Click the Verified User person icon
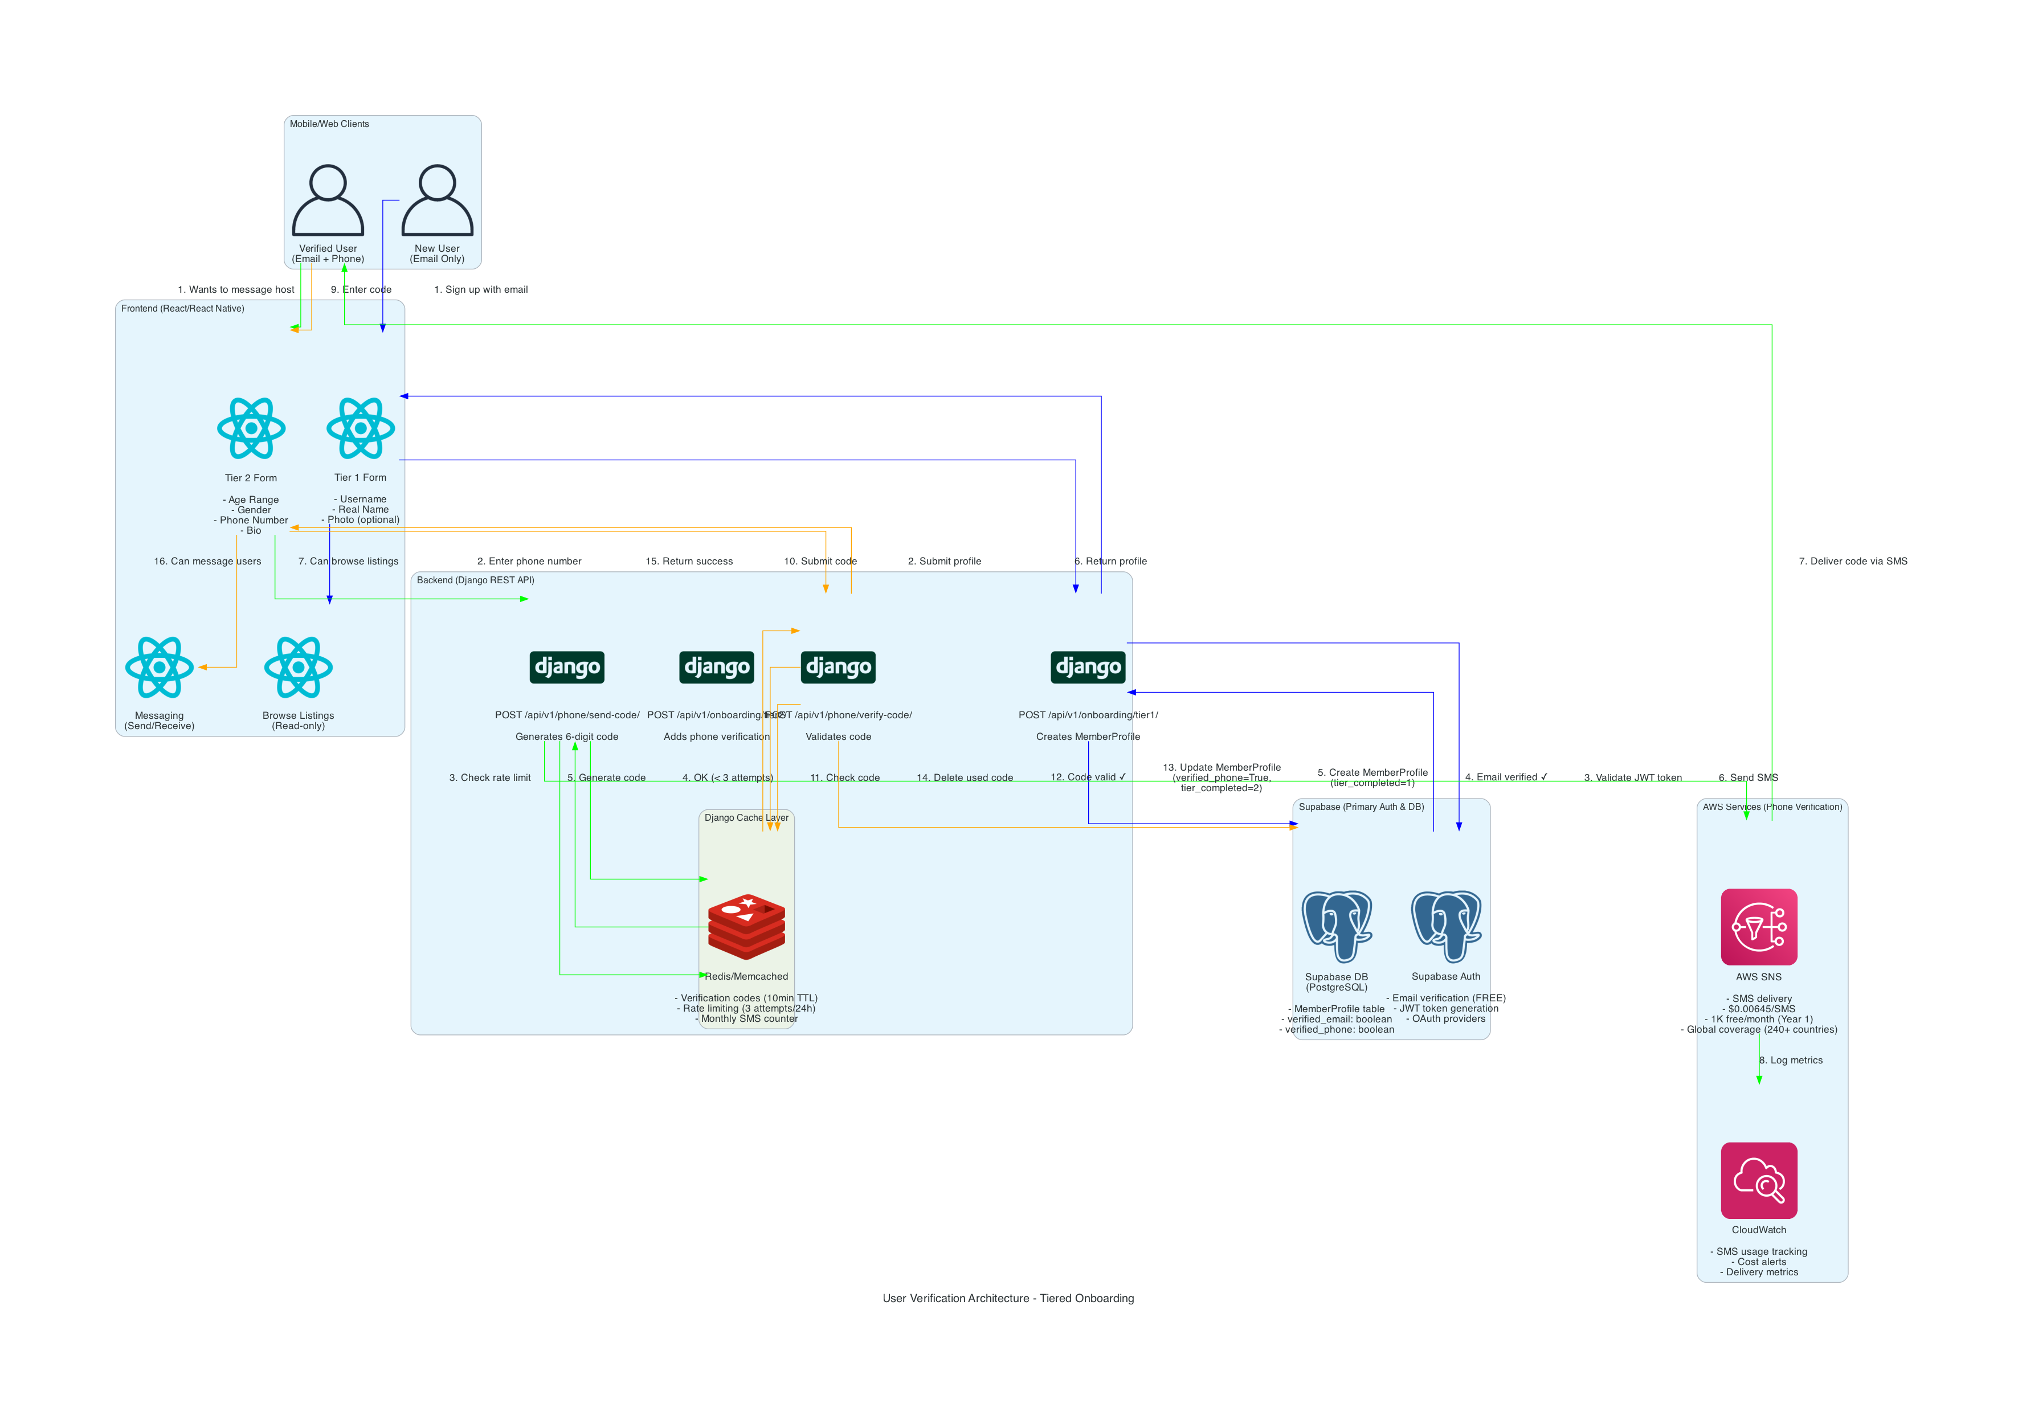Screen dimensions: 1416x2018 328,200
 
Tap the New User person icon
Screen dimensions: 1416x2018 437,200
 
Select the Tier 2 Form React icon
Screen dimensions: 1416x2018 251,428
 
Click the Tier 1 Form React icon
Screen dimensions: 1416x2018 360,428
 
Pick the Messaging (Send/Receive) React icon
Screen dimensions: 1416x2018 159,667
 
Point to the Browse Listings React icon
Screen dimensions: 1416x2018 298,667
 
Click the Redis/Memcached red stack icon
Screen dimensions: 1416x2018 746,926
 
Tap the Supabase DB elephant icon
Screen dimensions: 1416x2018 1336,926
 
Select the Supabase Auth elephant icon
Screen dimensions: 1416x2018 1446,926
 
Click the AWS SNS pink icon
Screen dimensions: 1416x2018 1759,926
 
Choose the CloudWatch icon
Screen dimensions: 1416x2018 1759,1180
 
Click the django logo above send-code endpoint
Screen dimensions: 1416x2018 567,667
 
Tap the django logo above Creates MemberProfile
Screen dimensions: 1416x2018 1088,667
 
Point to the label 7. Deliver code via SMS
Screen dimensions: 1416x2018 1853,561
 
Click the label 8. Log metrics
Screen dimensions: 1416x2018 1790,1060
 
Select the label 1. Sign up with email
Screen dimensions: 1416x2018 481,289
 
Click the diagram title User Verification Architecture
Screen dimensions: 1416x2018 1008,1298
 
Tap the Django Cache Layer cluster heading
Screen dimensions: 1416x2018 746,817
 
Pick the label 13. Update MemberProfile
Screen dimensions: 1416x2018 1222,767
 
